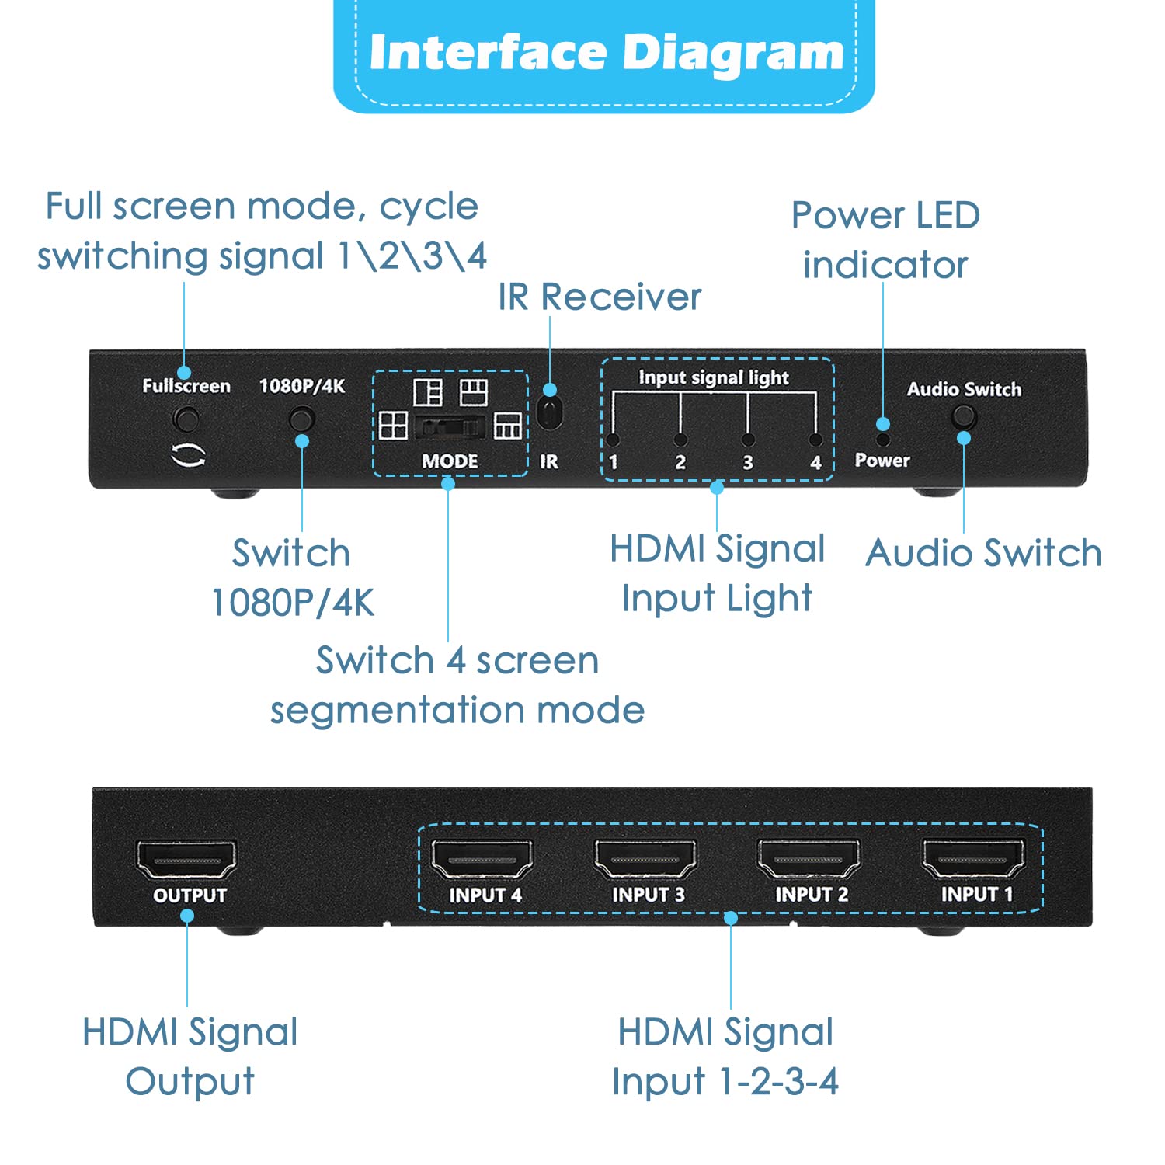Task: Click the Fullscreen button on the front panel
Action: click(x=186, y=419)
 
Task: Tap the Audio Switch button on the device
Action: click(x=964, y=417)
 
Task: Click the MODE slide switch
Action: click(x=450, y=427)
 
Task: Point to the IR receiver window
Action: click(x=549, y=413)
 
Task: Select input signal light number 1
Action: click(x=613, y=440)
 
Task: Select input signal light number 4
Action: click(x=815, y=440)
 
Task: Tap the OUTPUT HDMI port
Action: click(x=186, y=860)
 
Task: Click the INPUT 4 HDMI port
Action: click(x=482, y=860)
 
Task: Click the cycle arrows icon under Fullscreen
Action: click(x=188, y=456)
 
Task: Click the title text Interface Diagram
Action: click(x=605, y=53)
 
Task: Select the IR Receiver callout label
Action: click(x=599, y=297)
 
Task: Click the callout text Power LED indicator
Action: click(x=885, y=239)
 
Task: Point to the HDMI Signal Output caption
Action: click(x=190, y=1056)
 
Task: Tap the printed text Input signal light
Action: click(x=713, y=377)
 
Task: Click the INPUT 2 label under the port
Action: click(x=812, y=895)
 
